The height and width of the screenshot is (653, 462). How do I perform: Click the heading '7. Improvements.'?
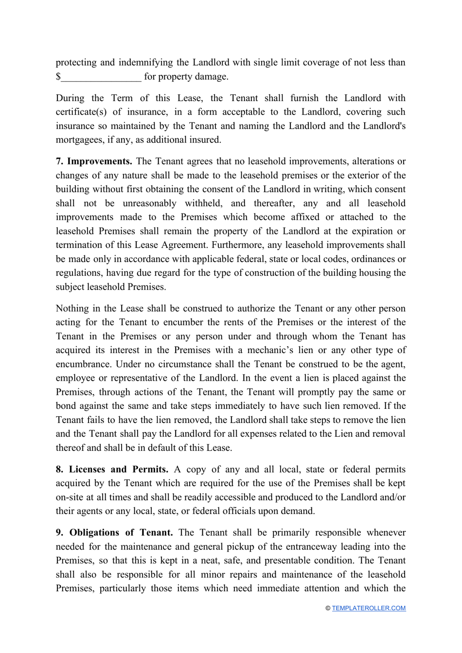tap(94, 161)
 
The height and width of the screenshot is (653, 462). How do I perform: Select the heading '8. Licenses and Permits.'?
tap(112, 470)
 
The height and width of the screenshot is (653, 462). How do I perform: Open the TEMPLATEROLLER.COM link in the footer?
tap(369, 608)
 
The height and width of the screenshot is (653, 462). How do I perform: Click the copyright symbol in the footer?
tap(328, 608)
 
